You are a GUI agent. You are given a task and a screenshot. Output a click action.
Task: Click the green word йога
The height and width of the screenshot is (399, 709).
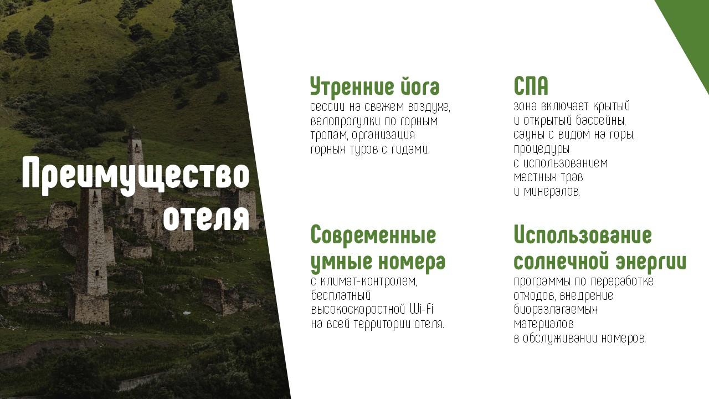(x=419, y=88)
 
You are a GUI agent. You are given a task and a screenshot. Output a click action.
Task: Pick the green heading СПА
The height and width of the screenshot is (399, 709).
(x=531, y=87)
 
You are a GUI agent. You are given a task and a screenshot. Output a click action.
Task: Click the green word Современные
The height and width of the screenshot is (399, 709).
(x=373, y=235)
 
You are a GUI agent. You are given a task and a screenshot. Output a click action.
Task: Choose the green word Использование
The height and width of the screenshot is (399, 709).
(x=583, y=235)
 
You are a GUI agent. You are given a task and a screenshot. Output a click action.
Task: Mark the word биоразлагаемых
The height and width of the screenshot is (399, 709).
(x=556, y=310)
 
